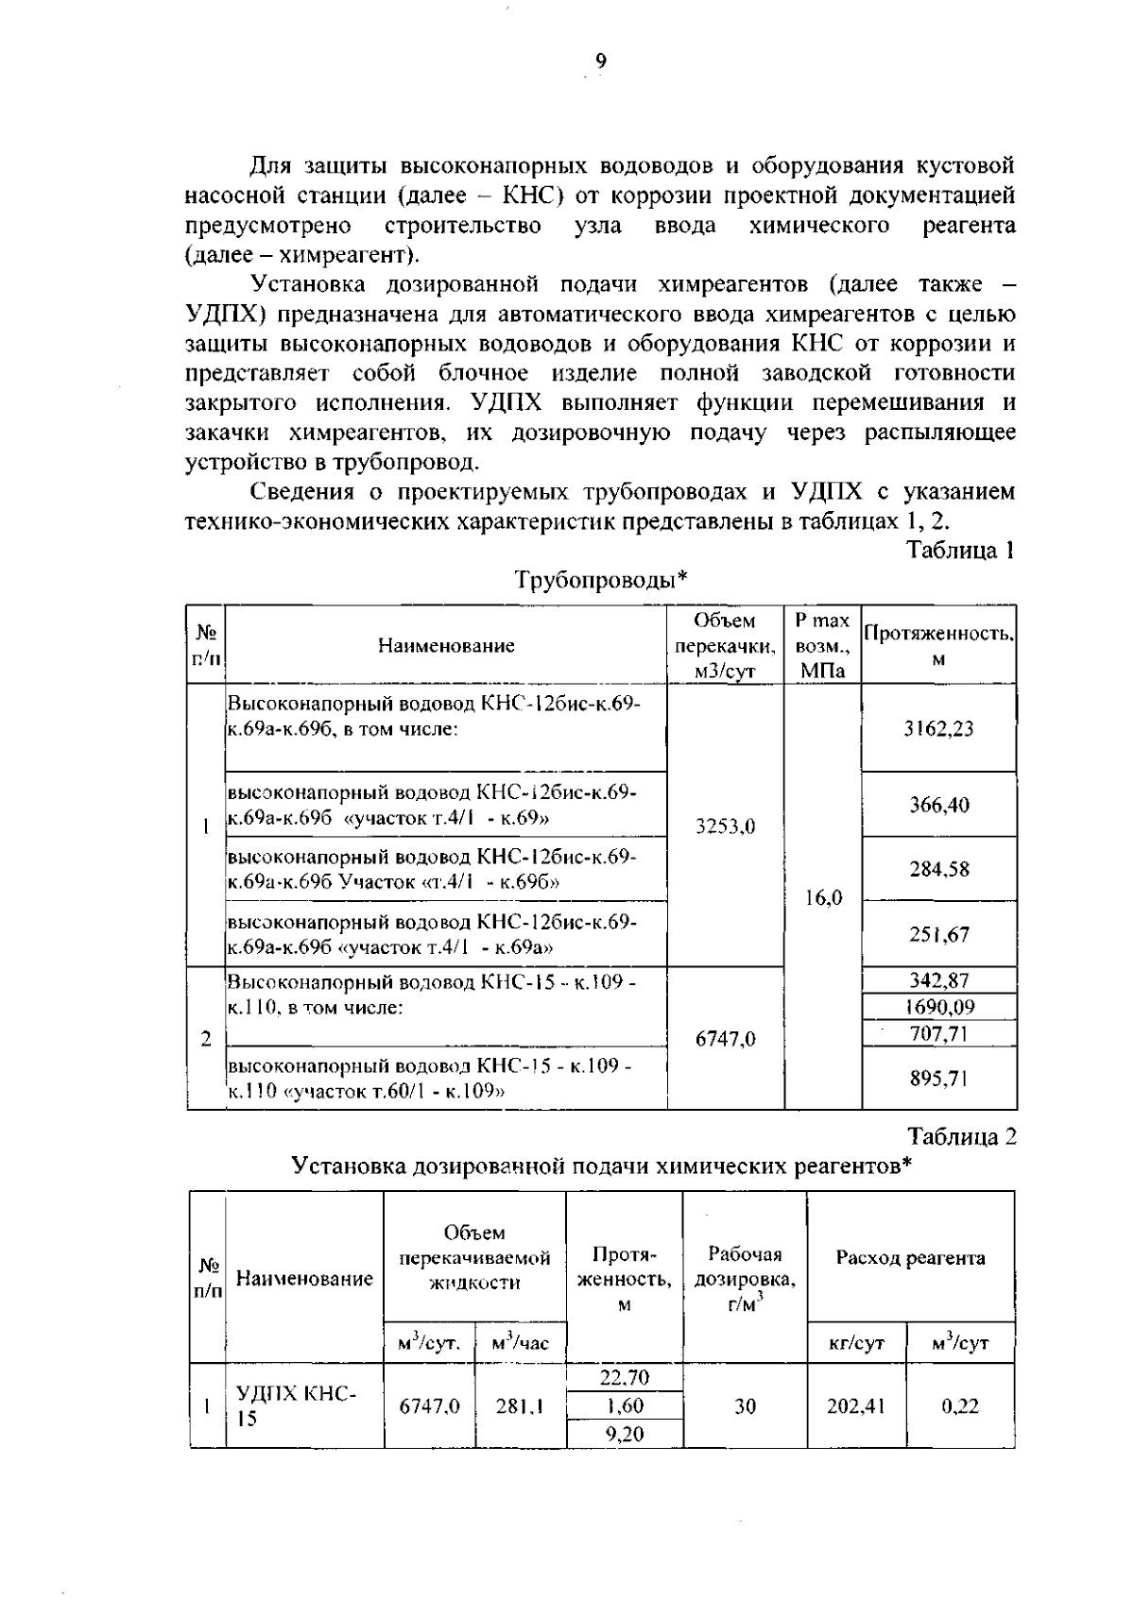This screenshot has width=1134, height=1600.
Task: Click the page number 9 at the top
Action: tap(601, 62)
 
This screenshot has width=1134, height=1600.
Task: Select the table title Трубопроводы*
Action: tap(601, 580)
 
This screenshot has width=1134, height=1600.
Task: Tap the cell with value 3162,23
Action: tap(938, 728)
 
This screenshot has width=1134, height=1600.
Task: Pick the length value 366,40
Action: tap(938, 805)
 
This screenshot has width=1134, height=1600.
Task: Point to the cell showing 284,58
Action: tap(938, 869)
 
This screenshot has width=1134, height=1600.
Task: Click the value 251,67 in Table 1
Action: tap(938, 934)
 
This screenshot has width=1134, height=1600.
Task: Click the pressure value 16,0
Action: tap(822, 897)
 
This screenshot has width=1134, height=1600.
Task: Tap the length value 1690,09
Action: tap(938, 1007)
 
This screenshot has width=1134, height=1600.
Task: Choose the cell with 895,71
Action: tap(938, 1078)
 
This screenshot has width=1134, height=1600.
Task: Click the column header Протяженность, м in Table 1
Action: tap(938, 645)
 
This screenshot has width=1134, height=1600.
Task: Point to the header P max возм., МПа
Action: tap(822, 645)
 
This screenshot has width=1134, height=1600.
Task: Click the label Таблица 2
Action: tap(961, 1136)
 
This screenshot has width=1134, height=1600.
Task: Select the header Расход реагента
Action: tap(910, 1258)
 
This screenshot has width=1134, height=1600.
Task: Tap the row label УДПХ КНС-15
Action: tap(296, 1405)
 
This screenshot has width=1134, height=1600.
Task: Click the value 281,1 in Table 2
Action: tap(519, 1406)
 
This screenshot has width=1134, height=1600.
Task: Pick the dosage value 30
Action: tap(745, 1406)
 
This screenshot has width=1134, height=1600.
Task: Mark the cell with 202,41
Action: tap(855, 1406)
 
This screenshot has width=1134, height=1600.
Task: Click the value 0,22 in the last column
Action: tap(959, 1406)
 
